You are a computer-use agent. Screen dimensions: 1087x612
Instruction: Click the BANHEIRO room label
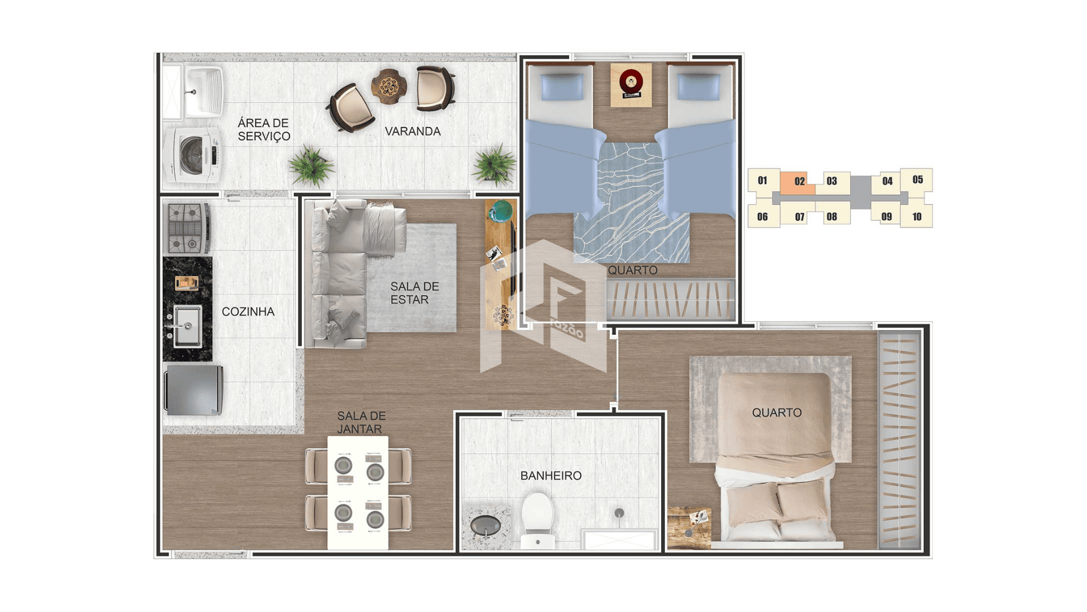(x=551, y=476)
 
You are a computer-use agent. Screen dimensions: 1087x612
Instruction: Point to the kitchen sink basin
(x=187, y=326)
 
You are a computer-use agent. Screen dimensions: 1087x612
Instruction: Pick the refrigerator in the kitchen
(x=194, y=390)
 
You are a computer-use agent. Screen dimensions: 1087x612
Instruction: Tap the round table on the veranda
(x=388, y=86)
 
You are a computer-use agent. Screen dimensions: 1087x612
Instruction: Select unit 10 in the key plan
(x=917, y=216)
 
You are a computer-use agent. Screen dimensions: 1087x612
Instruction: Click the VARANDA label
(x=413, y=131)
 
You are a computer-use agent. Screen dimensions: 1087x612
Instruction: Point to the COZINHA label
(x=248, y=312)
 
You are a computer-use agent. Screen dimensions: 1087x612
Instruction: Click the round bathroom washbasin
(x=485, y=525)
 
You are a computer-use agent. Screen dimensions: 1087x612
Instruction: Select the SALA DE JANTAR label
(x=361, y=423)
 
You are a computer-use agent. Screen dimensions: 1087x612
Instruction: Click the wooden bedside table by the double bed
(x=689, y=528)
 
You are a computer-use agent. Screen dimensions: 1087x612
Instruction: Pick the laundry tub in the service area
(x=202, y=91)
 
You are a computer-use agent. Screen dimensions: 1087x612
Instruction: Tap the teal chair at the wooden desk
(x=500, y=212)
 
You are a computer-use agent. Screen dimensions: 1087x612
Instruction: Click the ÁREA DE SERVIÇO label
(x=264, y=130)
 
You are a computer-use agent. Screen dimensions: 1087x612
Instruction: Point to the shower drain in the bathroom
(x=619, y=513)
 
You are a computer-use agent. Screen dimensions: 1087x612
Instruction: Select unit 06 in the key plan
(x=763, y=216)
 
